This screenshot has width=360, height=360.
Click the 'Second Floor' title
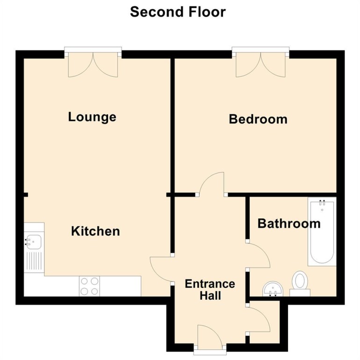point(178,12)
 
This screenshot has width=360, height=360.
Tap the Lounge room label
point(92,116)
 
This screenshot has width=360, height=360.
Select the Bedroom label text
point(258,119)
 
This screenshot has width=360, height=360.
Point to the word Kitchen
point(95,230)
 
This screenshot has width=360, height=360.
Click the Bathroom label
point(289,223)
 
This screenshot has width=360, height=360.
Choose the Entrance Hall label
point(209,290)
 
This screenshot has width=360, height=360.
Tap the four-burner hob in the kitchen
point(89,286)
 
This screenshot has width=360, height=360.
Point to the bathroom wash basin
point(272,288)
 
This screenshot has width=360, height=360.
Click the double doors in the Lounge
point(93,64)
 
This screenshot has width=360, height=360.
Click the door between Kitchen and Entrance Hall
point(160,270)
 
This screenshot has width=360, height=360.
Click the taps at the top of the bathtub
point(322,203)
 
